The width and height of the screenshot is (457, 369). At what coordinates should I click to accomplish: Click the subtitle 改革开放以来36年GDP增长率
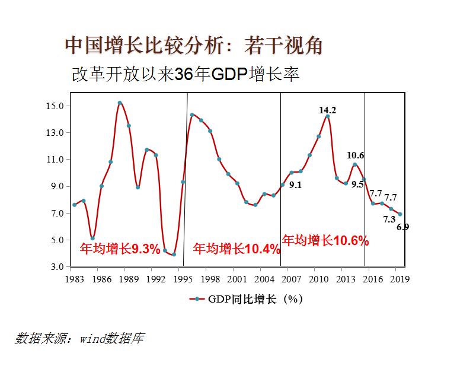point(185,75)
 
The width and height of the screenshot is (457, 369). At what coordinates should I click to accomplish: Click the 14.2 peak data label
point(327,110)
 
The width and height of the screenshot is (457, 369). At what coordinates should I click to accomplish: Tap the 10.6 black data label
point(356,155)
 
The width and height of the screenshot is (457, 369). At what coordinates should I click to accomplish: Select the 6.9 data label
point(402,227)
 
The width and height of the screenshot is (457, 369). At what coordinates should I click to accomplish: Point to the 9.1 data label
point(295,185)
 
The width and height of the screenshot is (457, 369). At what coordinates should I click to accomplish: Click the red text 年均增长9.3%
point(120,249)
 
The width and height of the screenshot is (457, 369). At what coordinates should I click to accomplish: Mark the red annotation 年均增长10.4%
point(237,249)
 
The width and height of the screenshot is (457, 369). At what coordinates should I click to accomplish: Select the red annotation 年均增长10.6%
point(325,240)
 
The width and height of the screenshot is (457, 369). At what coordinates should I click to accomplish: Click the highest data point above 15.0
point(120,103)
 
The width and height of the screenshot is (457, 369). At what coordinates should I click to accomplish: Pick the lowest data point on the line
point(174,255)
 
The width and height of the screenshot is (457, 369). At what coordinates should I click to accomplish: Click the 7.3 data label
point(389,219)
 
